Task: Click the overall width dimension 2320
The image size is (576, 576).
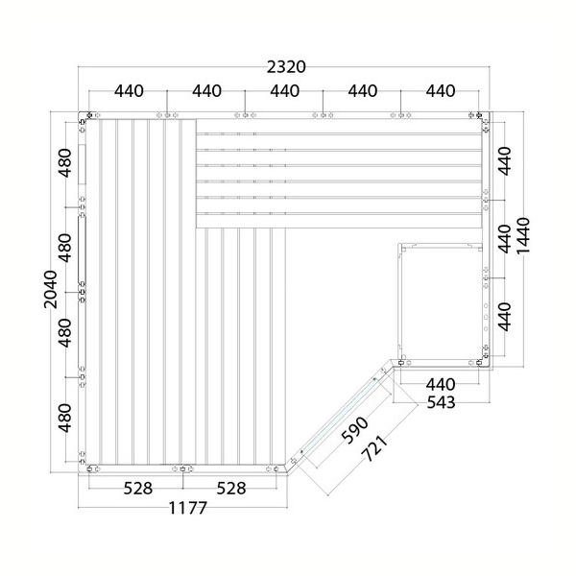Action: coord(286,67)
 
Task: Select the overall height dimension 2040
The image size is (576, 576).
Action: coord(51,290)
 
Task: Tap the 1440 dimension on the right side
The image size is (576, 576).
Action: coord(523,236)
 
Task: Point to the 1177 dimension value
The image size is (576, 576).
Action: coord(188,509)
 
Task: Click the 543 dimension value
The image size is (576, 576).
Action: coord(441,402)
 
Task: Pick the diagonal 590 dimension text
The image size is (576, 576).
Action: coord(354,430)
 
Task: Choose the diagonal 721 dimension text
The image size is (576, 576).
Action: coord(374,448)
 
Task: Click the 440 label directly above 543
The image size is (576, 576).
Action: coord(441,385)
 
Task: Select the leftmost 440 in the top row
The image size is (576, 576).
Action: coord(129,91)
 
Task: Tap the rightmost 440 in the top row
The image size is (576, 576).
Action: coord(441,91)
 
